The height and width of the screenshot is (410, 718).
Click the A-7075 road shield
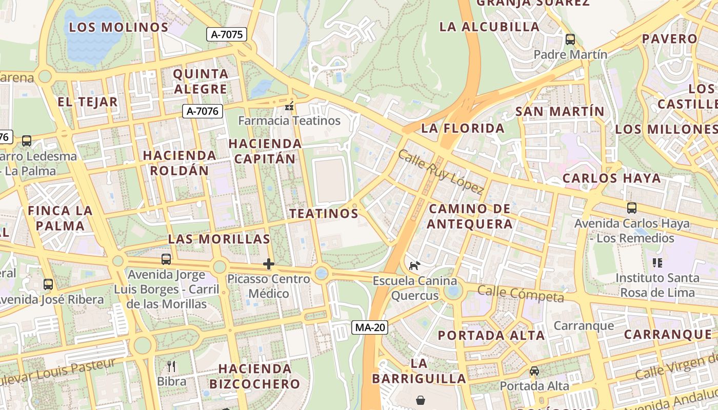tap(227, 34)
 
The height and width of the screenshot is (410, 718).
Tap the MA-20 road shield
tap(369, 327)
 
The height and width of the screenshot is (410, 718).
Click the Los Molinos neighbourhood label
tap(119, 27)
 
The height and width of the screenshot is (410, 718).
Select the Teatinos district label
tap(324, 213)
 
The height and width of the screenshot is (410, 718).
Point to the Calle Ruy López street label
tap(441, 172)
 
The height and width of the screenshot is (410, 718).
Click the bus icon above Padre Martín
tap(570, 39)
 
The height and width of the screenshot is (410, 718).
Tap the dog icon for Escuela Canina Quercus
tap(414, 265)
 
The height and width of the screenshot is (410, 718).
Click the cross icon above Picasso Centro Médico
tap(268, 264)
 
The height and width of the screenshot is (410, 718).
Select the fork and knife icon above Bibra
tap(171, 366)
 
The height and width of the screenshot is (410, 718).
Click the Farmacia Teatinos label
tap(289, 121)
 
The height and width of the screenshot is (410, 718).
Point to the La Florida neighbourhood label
tap(463, 128)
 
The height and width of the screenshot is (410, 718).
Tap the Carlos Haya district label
tap(612, 178)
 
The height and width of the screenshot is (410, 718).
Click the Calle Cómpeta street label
tap(520, 294)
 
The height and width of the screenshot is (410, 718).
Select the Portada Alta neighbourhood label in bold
tap(491, 336)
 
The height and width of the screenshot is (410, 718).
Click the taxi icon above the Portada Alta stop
tap(534, 371)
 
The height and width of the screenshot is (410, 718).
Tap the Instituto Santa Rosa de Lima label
tap(657, 285)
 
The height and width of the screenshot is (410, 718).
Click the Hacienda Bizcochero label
tap(254, 376)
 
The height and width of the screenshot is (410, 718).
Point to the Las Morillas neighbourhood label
tap(219, 239)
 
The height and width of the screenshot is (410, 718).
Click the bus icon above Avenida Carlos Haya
tap(631, 208)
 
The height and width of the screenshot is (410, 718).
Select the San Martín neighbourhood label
tap(560, 111)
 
